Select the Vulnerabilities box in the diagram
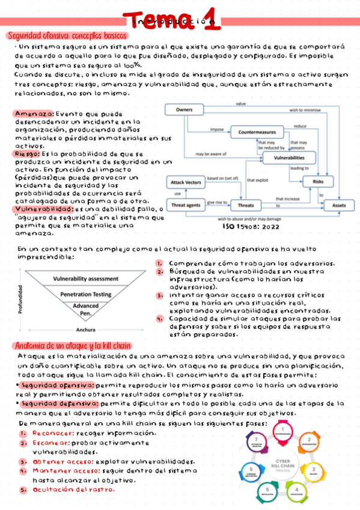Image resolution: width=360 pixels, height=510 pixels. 289,158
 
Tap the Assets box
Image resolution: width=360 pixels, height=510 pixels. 340,205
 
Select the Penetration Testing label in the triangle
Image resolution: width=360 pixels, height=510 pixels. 86,294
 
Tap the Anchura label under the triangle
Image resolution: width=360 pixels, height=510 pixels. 86,330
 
